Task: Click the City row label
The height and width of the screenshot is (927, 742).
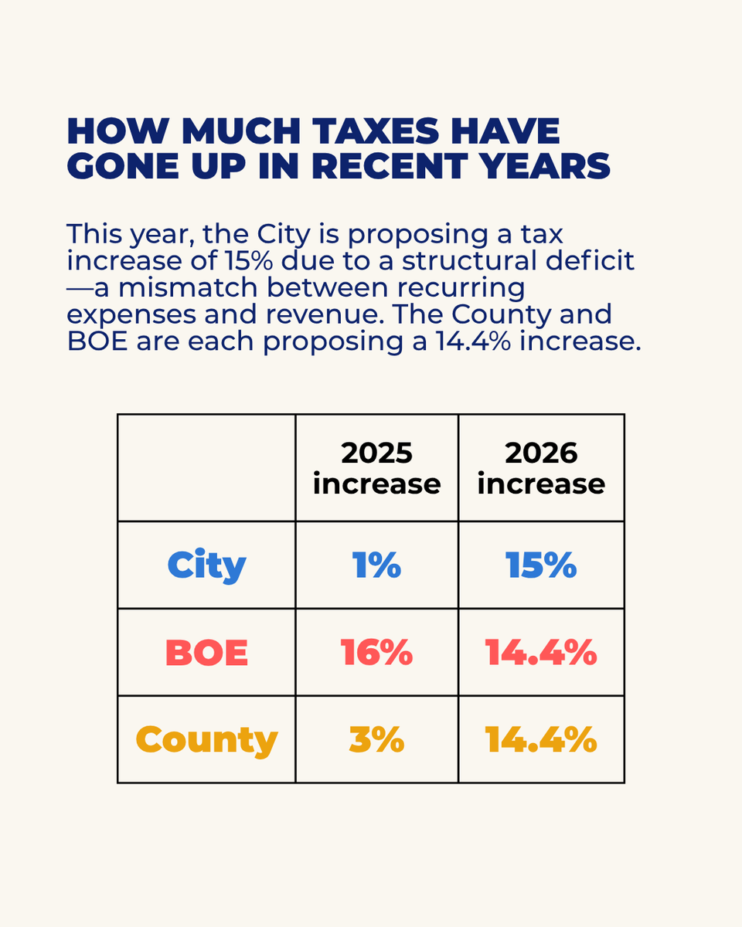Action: click(x=206, y=565)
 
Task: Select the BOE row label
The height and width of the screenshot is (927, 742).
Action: click(x=206, y=653)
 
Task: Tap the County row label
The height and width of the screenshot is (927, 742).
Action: click(x=206, y=741)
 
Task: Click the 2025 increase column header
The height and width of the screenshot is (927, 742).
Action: click(x=377, y=468)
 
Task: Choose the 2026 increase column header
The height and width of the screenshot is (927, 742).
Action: click(x=541, y=468)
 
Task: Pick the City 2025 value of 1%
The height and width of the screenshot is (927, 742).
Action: click(x=377, y=565)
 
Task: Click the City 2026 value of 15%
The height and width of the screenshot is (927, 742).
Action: click(x=541, y=565)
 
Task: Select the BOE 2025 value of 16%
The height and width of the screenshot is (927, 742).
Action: click(x=377, y=653)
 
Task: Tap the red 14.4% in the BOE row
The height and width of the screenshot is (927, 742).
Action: click(x=541, y=653)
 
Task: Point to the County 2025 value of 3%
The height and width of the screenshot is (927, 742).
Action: click(x=377, y=739)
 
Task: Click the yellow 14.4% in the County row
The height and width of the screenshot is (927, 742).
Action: click(x=541, y=739)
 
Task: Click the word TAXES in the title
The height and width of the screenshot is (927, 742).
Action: click(x=376, y=131)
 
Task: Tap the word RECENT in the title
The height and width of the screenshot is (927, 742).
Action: click(x=390, y=166)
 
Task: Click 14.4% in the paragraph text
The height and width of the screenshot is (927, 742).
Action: click(x=473, y=341)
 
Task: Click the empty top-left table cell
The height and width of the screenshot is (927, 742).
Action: click(x=206, y=468)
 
